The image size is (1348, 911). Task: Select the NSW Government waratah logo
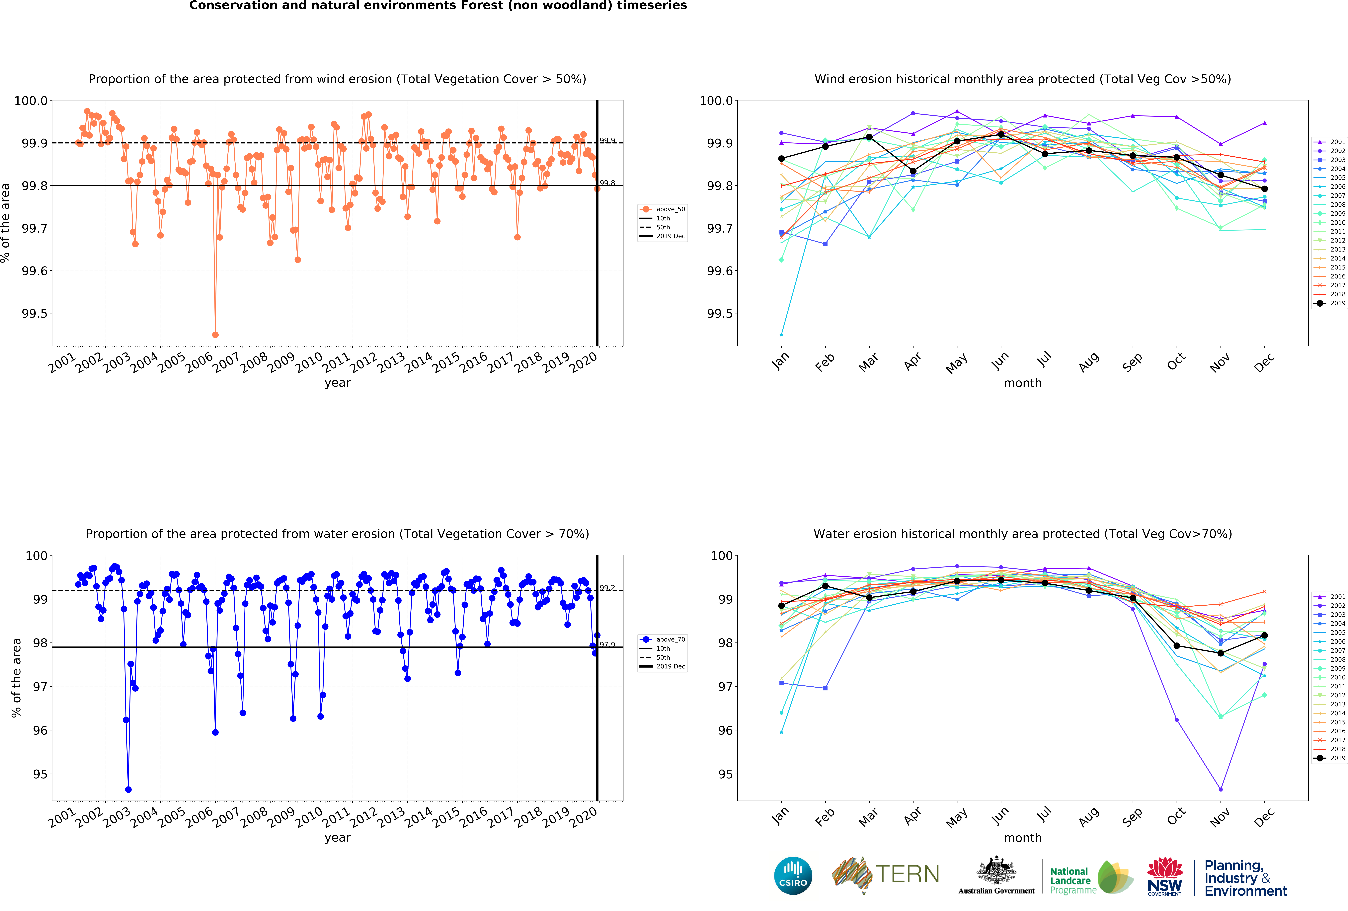point(1165,876)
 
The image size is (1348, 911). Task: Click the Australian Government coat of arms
point(996,870)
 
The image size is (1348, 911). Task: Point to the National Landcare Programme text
point(1073,880)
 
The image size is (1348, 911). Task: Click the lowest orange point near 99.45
point(215,335)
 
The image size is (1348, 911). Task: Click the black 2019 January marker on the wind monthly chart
point(781,158)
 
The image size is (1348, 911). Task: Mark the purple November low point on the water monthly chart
point(1220,789)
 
